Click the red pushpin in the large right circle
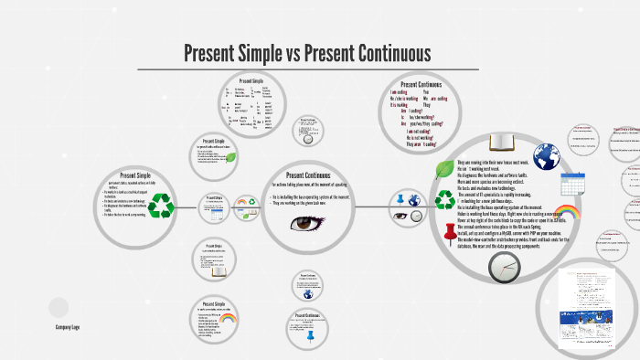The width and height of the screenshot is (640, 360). [449, 233]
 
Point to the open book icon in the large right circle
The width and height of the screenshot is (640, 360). [504, 142]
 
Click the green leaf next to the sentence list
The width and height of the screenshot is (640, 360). [445, 167]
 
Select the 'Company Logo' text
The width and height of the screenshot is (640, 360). [69, 326]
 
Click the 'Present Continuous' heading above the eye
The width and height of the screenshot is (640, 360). [308, 175]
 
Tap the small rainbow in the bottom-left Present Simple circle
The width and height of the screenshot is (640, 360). [228, 319]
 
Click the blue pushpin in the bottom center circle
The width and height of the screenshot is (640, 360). [311, 335]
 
